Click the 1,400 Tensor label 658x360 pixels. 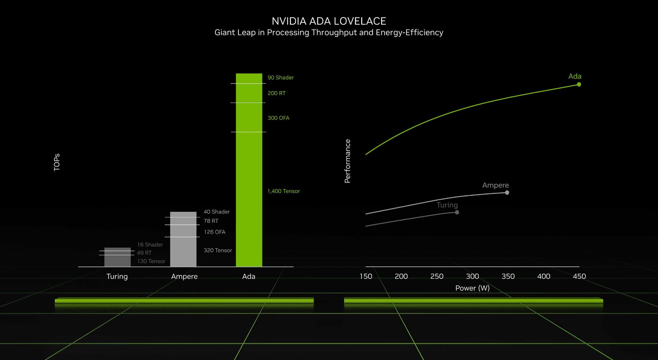click(283, 191)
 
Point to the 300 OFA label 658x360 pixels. click(278, 118)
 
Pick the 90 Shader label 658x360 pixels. click(280, 77)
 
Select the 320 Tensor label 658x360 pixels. click(218, 250)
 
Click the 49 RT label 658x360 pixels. click(144, 253)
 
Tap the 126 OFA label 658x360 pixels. click(215, 232)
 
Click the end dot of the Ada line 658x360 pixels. click(579, 84)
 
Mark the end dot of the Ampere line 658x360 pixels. click(507, 193)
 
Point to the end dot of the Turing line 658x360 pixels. click(457, 212)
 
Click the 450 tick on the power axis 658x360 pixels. click(579, 276)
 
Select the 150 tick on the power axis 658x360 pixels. click(366, 276)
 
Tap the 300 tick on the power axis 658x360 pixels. click(472, 276)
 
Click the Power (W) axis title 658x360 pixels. click(472, 288)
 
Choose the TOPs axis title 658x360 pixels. click(57, 162)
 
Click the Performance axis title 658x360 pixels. click(348, 161)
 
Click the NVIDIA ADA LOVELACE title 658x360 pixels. click(329, 21)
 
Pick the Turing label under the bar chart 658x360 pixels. click(117, 276)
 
